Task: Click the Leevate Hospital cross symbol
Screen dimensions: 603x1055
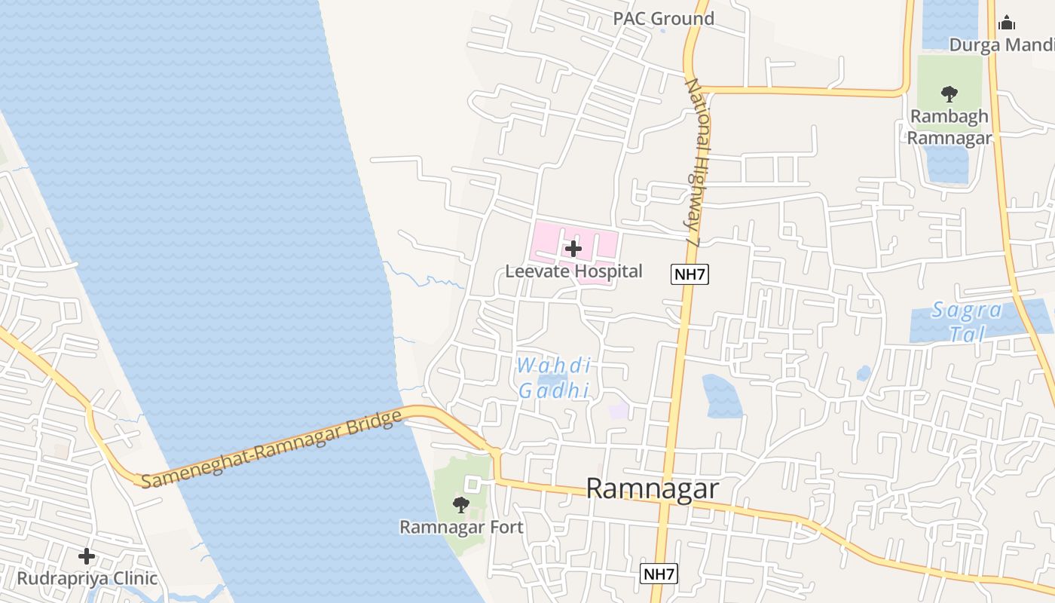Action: (573, 248)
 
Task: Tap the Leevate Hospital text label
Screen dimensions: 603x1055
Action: (573, 271)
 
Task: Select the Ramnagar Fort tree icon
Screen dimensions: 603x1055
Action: (460, 504)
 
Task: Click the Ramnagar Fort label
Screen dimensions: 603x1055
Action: (461, 527)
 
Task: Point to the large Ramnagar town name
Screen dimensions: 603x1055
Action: (652, 488)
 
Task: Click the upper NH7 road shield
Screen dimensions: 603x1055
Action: (690, 274)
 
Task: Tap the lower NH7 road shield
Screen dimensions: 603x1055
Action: (659, 574)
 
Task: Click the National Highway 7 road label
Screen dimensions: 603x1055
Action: (698, 162)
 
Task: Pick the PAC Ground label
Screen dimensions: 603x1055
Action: (663, 19)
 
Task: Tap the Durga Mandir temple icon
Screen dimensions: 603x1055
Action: (1007, 23)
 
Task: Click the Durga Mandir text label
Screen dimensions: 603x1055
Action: (1001, 45)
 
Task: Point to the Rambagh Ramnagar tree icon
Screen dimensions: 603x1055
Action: (949, 94)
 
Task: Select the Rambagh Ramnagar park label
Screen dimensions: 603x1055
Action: (949, 127)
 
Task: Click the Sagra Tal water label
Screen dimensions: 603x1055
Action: (967, 321)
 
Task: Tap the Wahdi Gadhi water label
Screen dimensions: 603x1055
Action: (554, 378)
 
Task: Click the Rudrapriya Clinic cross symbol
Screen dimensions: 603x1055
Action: (87, 556)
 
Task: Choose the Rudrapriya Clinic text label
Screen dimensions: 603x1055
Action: (87, 579)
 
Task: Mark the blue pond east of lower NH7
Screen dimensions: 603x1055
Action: (721, 396)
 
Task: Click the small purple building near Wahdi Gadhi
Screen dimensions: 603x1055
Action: (619, 411)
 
